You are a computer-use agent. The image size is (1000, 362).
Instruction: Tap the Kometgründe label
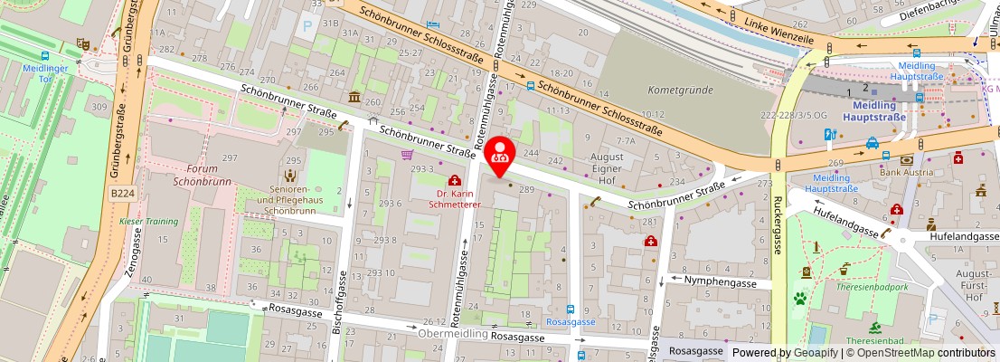point(680,90)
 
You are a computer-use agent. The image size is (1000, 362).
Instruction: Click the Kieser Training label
point(149,220)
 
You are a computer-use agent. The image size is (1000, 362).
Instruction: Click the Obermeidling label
point(453,333)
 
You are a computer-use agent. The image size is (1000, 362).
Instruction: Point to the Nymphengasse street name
point(721,281)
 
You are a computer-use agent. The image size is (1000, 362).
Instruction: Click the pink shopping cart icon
point(407,155)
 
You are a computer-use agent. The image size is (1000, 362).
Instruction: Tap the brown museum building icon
point(354,97)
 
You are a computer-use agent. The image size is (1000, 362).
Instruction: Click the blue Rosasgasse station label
point(570,321)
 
